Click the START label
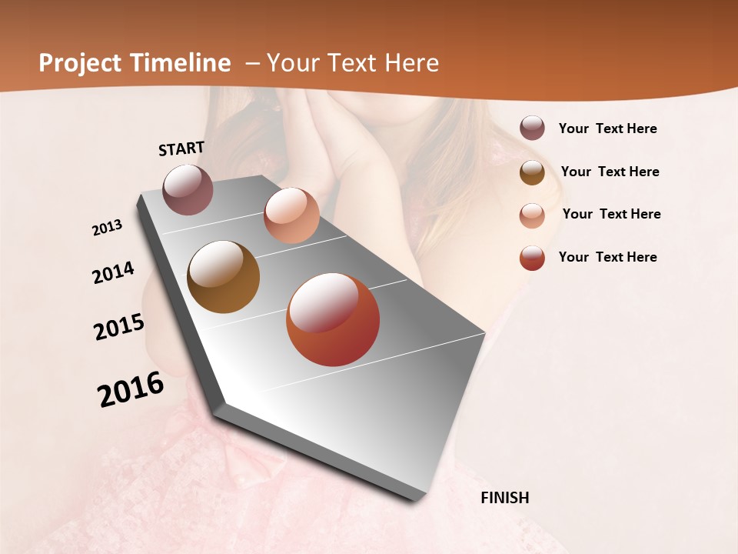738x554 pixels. (x=181, y=149)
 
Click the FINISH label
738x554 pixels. (x=504, y=498)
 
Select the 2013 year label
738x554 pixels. (x=108, y=228)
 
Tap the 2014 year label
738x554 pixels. (x=113, y=273)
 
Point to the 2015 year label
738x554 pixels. (x=119, y=327)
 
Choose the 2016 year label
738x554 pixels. (x=131, y=390)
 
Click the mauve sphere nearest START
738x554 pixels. (x=188, y=189)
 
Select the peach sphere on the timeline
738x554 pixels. (x=291, y=215)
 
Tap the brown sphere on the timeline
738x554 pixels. (x=223, y=277)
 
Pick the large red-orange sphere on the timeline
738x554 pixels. (x=333, y=319)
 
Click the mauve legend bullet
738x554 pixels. (x=532, y=128)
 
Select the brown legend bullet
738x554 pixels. (x=532, y=172)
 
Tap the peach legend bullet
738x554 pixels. (x=532, y=215)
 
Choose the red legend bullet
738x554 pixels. (x=532, y=258)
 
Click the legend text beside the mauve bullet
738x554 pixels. (x=607, y=129)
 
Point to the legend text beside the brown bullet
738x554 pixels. (x=610, y=172)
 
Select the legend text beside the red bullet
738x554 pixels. (x=607, y=257)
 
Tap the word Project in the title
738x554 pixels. (x=78, y=63)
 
